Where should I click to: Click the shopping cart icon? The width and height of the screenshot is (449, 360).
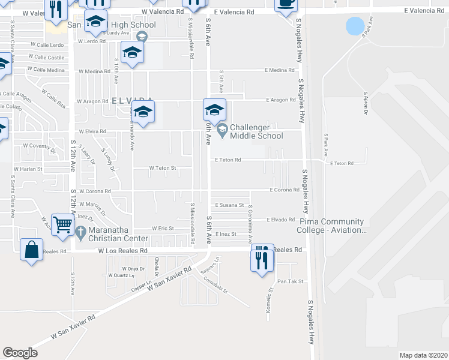pos(62,225)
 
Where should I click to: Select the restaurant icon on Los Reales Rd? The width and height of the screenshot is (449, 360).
pos(262,257)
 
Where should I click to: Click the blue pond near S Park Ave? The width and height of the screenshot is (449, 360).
pos(355,26)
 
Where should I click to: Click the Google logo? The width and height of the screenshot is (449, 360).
pos(20,352)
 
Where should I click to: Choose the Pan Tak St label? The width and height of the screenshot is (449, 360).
pos(291,281)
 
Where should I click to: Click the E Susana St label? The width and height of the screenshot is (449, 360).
pos(231,205)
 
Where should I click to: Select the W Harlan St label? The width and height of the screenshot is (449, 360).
pos(28,169)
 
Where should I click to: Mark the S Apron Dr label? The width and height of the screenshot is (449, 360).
pos(364,103)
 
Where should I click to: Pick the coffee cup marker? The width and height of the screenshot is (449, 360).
pos(286,5)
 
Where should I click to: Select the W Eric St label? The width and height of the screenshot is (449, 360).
pos(162,228)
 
